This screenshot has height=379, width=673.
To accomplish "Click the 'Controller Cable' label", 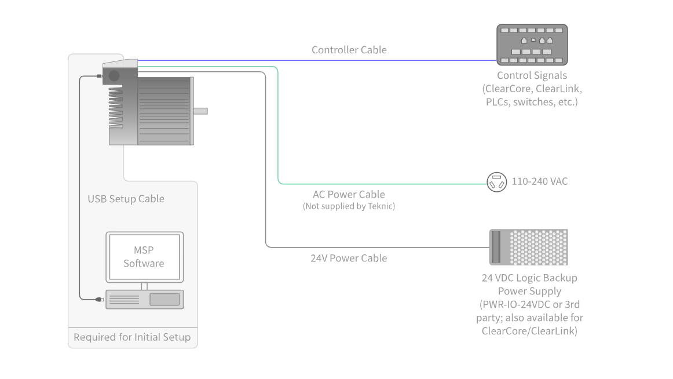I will (349, 50).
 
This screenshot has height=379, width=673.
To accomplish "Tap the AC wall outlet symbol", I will (496, 182).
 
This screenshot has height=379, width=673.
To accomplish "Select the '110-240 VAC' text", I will (539, 181).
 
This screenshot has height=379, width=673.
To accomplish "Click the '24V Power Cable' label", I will (349, 258).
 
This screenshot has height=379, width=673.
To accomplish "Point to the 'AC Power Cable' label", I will (349, 195).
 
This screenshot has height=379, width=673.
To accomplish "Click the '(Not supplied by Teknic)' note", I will (349, 206).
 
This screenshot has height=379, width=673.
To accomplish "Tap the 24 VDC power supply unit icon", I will (528, 247).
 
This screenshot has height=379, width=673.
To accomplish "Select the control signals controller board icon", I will (532, 45).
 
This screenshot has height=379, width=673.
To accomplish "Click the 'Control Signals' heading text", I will (532, 75).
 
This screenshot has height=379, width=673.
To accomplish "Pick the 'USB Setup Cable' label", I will (126, 199).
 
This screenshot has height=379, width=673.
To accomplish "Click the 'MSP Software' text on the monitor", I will (144, 257).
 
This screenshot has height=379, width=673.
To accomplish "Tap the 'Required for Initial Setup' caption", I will (132, 337).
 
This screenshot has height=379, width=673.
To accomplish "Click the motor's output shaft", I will (200, 111).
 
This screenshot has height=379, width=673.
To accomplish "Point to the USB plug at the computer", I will (99, 299).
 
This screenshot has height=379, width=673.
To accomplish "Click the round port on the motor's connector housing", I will (114, 75).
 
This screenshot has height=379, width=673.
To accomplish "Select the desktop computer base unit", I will (144, 299).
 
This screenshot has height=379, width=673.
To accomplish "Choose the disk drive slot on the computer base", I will (164, 299).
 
